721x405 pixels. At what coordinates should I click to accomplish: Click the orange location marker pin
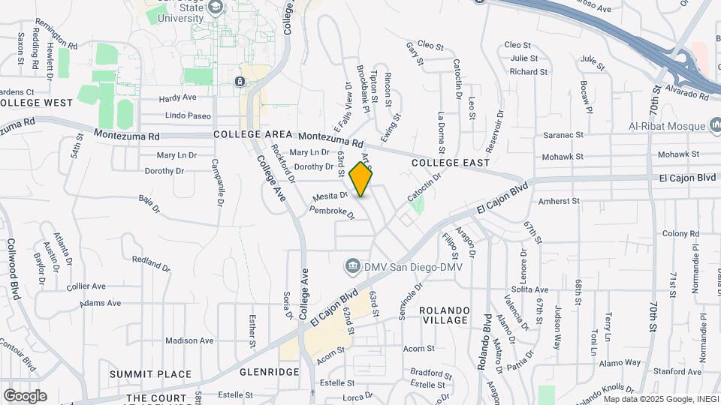[361, 178]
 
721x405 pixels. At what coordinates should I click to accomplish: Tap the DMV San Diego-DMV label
[412, 266]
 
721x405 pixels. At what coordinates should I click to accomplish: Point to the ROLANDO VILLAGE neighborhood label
[444, 315]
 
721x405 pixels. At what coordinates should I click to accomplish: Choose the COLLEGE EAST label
[451, 163]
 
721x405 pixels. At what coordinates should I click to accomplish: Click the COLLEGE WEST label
[36, 102]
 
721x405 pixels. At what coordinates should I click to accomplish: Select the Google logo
[25, 395]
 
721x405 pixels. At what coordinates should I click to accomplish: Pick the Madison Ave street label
[190, 340]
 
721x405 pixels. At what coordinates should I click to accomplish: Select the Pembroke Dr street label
[331, 211]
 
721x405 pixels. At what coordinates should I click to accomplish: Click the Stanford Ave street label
[677, 371]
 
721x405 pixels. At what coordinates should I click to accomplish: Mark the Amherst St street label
[559, 201]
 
